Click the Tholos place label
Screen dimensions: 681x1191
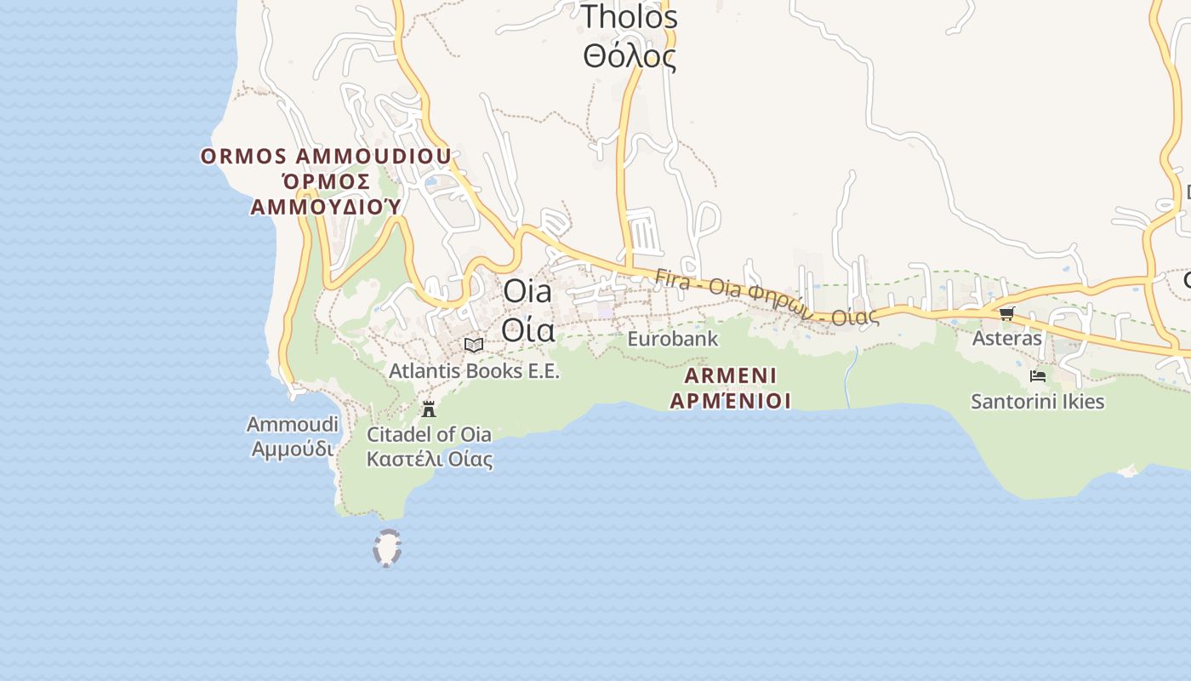pyautogui.click(x=629, y=17)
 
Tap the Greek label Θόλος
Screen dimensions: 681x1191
pyautogui.click(x=629, y=57)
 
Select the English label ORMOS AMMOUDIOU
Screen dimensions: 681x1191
pyautogui.click(x=326, y=157)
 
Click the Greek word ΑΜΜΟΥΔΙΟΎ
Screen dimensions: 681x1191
pyautogui.click(x=325, y=207)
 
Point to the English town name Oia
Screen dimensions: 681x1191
pyautogui.click(x=527, y=291)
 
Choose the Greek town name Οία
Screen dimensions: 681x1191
pyautogui.click(x=527, y=329)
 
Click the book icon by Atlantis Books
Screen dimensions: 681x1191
pyautogui.click(x=474, y=345)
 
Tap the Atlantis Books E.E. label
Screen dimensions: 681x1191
pyautogui.click(x=474, y=371)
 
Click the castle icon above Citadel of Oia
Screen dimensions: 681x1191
pyautogui.click(x=429, y=409)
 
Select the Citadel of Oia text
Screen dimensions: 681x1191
pyautogui.click(x=429, y=434)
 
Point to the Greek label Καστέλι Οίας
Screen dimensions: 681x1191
pyautogui.click(x=429, y=460)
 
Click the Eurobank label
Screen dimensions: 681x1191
pyautogui.click(x=672, y=339)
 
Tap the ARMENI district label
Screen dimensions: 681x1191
pyautogui.click(x=731, y=375)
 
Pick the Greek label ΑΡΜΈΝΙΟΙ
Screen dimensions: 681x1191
pyautogui.click(x=731, y=400)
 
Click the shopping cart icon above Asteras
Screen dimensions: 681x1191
pyautogui.click(x=1006, y=313)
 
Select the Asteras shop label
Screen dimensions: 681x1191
pyautogui.click(x=1006, y=338)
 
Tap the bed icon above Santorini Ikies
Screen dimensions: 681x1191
pyautogui.click(x=1037, y=375)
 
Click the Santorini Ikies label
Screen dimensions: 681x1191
pyautogui.click(x=1037, y=402)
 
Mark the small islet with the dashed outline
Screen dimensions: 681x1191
pyautogui.click(x=387, y=548)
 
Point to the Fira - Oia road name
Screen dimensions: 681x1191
pyautogui.click(x=766, y=298)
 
